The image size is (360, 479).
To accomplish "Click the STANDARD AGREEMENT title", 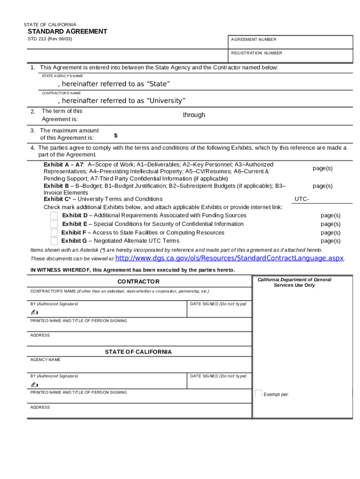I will point(67,31).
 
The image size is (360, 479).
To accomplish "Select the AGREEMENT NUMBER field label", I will point(253,40).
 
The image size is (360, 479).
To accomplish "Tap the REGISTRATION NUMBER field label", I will point(256,53).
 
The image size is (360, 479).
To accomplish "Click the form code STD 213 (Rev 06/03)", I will point(50,39).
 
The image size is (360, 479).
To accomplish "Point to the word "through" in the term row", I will point(194,115).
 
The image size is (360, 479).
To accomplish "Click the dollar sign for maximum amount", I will point(115,136).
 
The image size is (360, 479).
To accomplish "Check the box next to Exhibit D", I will point(54,216).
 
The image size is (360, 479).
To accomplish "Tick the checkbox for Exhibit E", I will point(54,224).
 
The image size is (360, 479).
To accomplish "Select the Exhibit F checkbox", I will point(54,232).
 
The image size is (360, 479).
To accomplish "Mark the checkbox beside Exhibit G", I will point(54,241).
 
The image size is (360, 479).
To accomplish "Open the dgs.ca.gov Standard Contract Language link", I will point(229,258).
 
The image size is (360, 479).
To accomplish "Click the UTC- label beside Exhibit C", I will point(302,199).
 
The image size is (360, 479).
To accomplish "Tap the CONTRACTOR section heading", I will point(138,282).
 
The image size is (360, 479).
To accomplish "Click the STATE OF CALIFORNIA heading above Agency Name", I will point(138,352).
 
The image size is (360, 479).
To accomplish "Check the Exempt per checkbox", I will point(259,393).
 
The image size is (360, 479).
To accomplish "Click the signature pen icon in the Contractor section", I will point(35,312).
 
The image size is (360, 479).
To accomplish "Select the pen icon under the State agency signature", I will point(35,384).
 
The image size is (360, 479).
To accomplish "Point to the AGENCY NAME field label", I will point(45,360).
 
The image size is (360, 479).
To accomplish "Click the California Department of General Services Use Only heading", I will point(294,282).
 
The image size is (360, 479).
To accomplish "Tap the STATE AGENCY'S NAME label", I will point(62,76).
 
